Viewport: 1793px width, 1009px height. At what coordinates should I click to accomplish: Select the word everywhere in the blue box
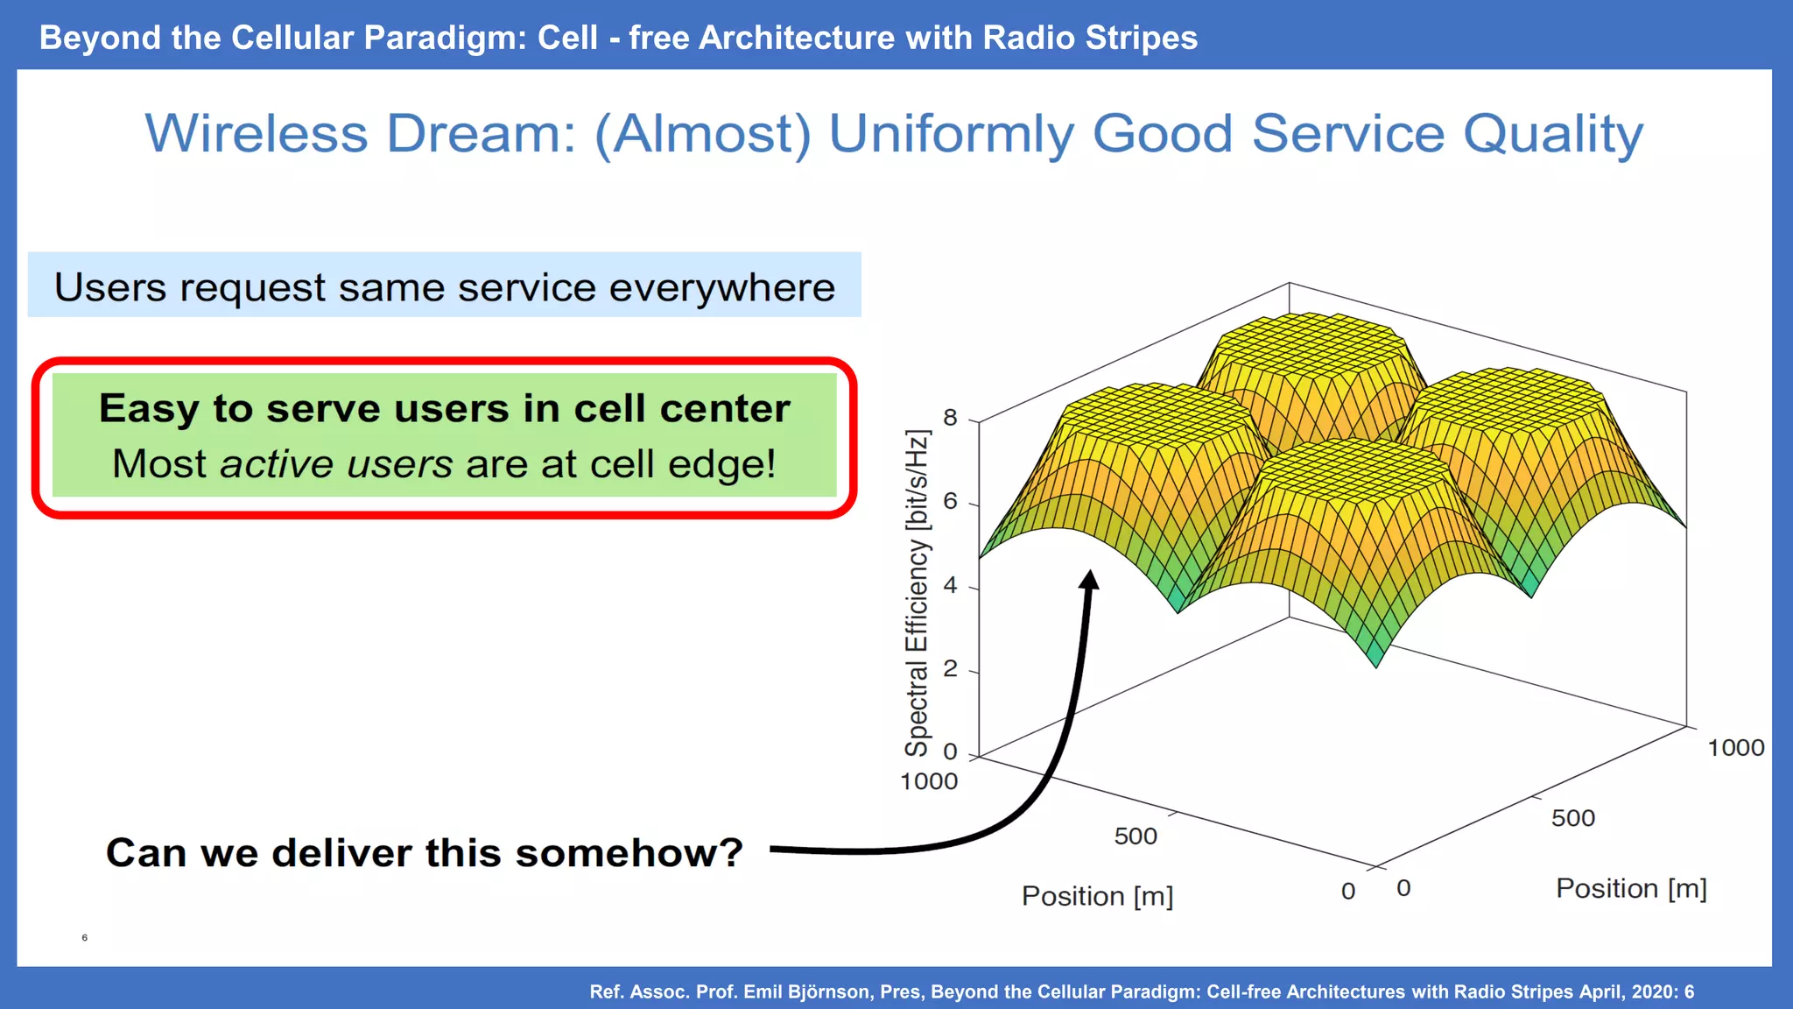pos(721,287)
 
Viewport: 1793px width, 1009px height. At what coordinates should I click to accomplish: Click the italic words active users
pos(336,463)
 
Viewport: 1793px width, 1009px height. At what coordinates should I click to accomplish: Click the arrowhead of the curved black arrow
pos(1089,580)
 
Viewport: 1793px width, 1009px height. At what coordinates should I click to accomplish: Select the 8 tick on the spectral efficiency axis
pos(950,418)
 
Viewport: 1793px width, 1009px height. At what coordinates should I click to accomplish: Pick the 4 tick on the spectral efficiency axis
pos(950,585)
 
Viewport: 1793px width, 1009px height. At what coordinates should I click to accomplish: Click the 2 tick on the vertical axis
pos(950,669)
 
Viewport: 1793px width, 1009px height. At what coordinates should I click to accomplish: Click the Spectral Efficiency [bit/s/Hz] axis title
pos(917,593)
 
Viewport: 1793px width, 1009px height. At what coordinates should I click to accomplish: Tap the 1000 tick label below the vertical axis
pos(929,781)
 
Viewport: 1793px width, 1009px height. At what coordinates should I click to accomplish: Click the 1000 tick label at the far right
pos(1735,748)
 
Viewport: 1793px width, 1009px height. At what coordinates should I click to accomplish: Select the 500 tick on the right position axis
pos(1572,818)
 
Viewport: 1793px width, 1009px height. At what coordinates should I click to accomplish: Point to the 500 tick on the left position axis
pos(1136,836)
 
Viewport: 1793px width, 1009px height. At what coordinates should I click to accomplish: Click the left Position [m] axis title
pos(1097,896)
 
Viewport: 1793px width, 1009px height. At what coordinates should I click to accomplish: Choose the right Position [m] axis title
pos(1631,888)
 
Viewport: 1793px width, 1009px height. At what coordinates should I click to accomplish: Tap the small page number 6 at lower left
pos(85,937)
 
